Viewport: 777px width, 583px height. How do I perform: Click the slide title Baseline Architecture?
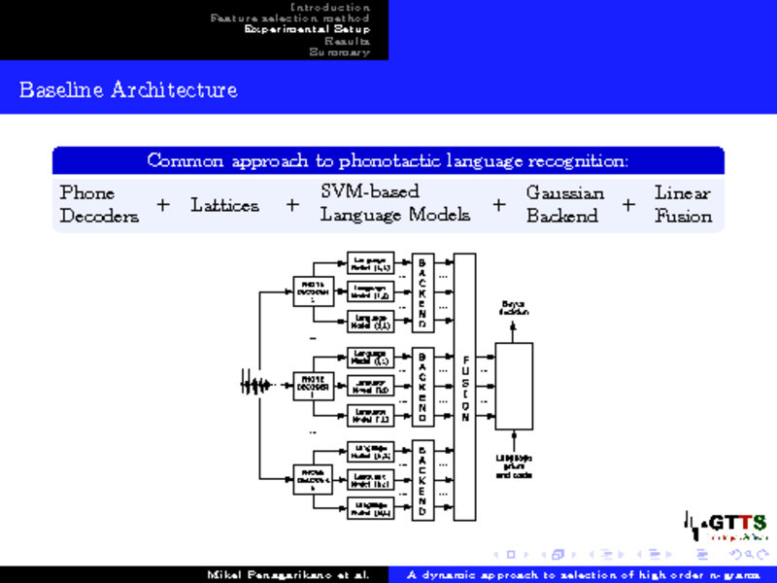(x=127, y=90)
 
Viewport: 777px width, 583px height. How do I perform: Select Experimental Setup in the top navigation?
(x=307, y=29)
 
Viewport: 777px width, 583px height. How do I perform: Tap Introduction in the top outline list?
(x=330, y=7)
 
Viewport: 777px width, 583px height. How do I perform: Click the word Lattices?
(x=224, y=205)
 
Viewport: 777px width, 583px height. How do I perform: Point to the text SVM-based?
(x=370, y=192)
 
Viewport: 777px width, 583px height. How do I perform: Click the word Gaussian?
(x=565, y=192)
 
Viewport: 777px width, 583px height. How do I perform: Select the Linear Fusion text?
(x=683, y=204)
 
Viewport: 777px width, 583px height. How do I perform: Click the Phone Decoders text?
(x=100, y=204)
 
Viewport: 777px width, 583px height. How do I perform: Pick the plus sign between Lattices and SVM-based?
(x=291, y=205)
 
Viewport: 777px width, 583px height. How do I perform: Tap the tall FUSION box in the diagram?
(x=464, y=387)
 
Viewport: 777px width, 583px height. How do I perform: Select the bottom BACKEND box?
(x=422, y=481)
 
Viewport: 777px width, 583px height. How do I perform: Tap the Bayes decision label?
(x=514, y=308)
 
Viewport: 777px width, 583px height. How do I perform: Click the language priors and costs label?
(x=514, y=465)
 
